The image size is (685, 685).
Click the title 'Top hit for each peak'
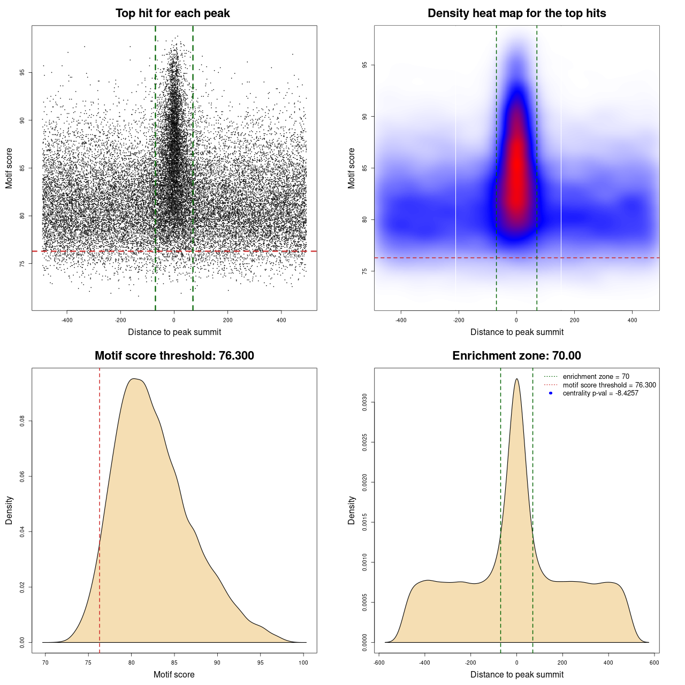coord(172,13)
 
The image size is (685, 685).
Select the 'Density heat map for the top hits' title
coord(516,13)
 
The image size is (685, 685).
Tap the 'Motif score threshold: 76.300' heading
coord(174,356)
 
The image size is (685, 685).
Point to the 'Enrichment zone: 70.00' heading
coord(516,356)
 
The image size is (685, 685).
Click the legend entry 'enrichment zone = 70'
coord(596,377)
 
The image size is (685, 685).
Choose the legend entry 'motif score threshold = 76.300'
coord(609,385)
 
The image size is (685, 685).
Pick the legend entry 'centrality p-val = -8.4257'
coord(600,393)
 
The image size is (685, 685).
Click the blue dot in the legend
coord(551,393)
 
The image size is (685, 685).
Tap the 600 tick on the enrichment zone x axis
coord(654,663)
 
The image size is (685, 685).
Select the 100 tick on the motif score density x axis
coord(303,663)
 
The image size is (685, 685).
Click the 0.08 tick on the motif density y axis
coord(22,421)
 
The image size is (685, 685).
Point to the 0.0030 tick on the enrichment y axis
coord(364,402)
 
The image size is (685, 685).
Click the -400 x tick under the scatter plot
coord(67,321)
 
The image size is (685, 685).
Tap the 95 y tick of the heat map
coord(364,65)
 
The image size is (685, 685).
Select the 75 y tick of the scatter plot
coord(22,264)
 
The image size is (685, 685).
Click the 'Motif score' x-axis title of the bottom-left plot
coord(174,674)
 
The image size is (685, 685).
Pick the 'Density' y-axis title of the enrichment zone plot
coord(352,510)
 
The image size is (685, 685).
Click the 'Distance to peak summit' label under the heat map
coord(516,332)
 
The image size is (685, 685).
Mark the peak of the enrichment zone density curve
coord(516,379)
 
